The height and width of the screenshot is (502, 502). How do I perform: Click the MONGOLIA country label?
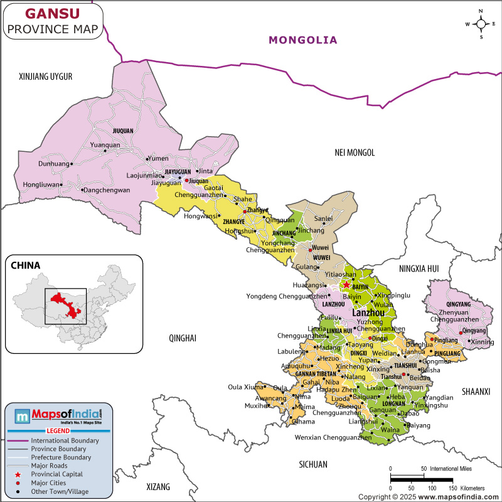pos(303,40)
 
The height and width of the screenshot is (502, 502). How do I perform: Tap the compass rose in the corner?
pos(481,24)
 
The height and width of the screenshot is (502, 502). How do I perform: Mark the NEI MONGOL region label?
pos(355,152)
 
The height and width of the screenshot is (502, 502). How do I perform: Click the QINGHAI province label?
pos(182,338)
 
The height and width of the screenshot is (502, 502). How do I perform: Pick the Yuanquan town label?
pos(105,145)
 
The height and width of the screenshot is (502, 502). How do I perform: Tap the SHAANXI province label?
pos(475,392)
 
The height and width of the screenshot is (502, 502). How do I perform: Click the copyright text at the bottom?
pos(434,496)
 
